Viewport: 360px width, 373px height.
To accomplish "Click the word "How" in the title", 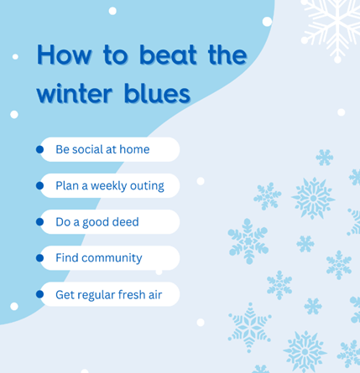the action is point(65,54).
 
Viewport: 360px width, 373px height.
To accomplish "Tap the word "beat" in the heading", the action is point(168,54).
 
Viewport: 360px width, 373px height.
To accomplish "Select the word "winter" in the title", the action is point(75,93).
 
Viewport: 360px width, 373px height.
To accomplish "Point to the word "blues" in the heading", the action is point(157,92).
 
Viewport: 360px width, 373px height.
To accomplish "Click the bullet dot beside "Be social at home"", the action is point(39,149).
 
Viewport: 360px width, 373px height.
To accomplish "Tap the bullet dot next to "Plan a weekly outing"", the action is point(39,185).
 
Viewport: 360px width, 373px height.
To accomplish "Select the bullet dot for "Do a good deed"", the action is point(39,222).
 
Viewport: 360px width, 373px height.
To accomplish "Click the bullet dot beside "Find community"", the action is point(39,258).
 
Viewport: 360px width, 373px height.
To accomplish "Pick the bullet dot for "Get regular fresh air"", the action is point(39,294).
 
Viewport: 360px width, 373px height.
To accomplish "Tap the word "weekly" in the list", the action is point(108,186).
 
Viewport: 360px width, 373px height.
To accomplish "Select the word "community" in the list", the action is point(112,258).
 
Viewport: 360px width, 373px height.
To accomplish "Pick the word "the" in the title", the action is point(227,54).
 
